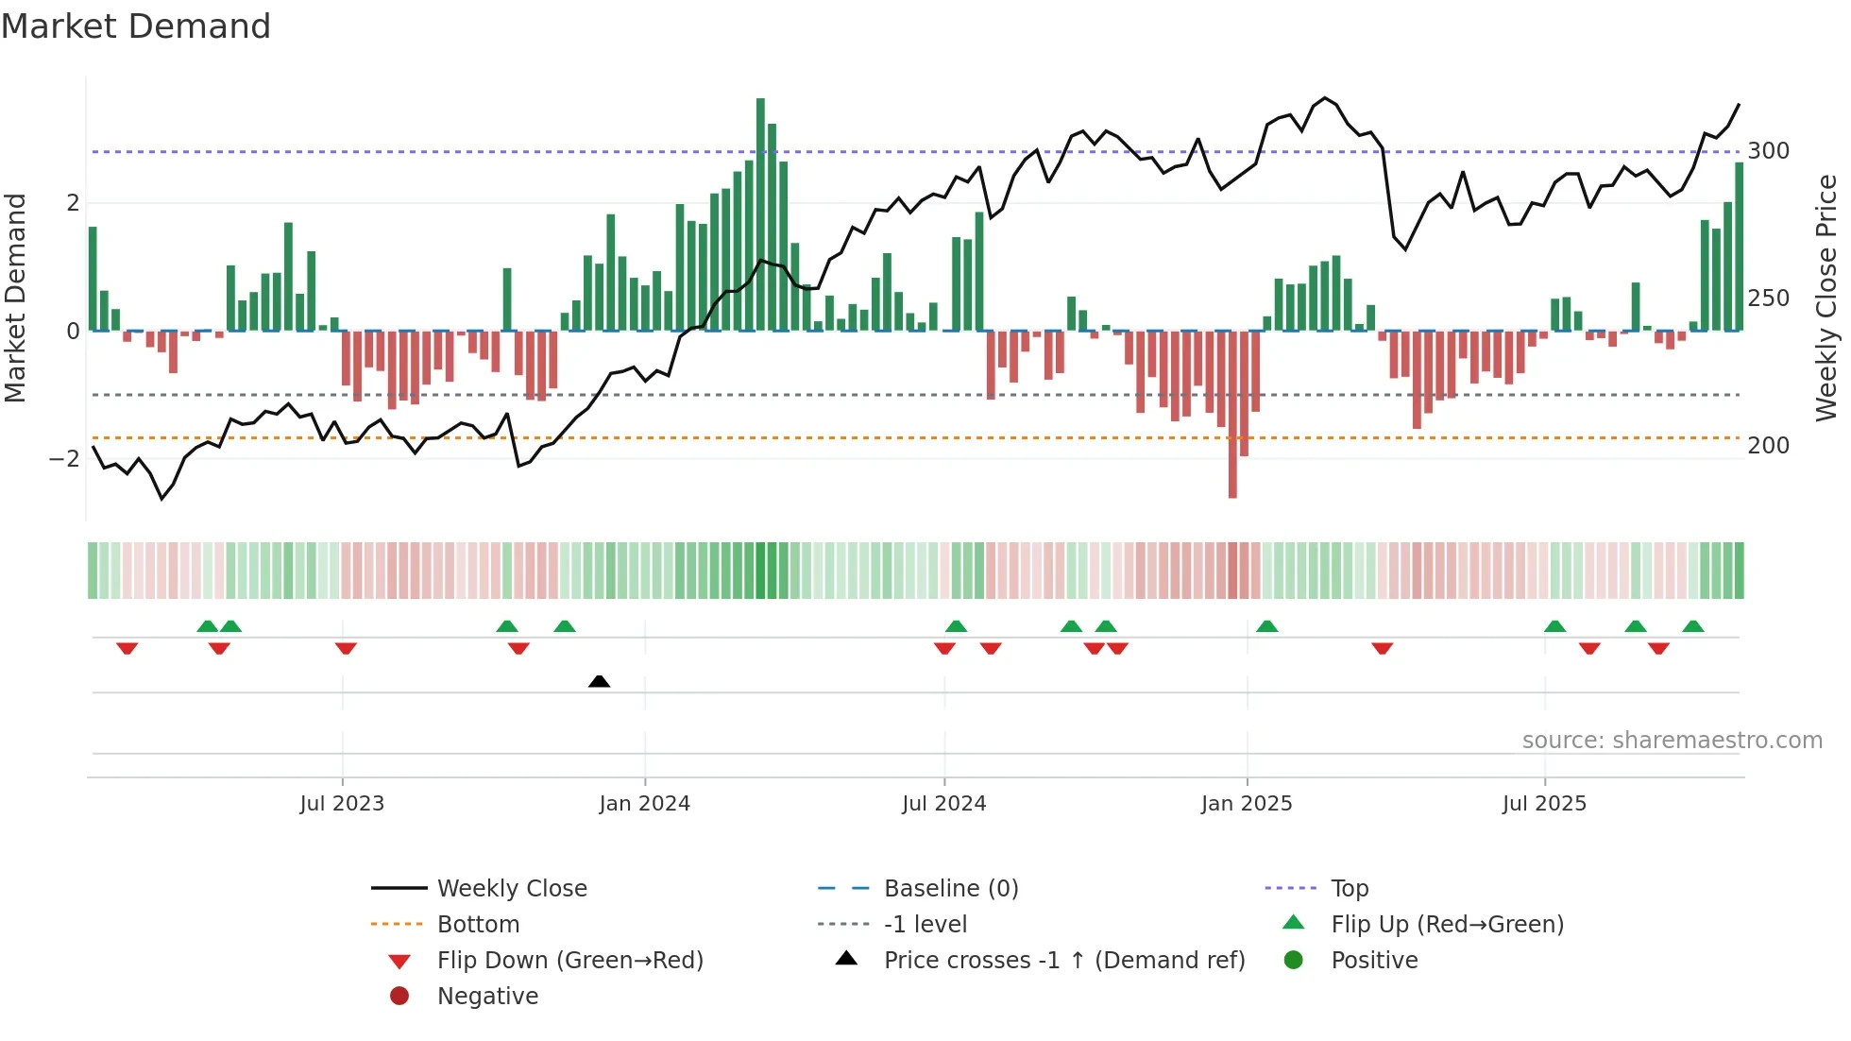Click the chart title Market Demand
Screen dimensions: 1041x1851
pos(136,26)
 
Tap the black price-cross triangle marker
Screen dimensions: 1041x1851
pos(599,681)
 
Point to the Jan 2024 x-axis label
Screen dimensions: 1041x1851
pos(644,804)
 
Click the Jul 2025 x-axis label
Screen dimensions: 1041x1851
pos(1544,804)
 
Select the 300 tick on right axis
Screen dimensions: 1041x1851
pos(1768,151)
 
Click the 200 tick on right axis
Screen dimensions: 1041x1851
pos(1768,446)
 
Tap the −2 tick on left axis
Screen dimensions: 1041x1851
pos(64,459)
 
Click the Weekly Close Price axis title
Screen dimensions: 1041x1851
pos(1826,298)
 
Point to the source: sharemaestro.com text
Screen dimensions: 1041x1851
pos(1672,741)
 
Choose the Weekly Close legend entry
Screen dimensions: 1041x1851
pos(511,889)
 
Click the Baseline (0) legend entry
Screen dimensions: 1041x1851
pos(950,889)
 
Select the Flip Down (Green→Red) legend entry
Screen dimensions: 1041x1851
pos(569,961)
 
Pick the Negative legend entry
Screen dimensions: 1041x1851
pos(487,997)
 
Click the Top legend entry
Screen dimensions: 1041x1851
pos(1349,889)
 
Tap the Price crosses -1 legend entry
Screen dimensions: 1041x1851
pos(1063,961)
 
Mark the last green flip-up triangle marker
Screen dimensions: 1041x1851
pos(1693,626)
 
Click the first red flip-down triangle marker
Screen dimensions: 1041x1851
pos(127,648)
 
